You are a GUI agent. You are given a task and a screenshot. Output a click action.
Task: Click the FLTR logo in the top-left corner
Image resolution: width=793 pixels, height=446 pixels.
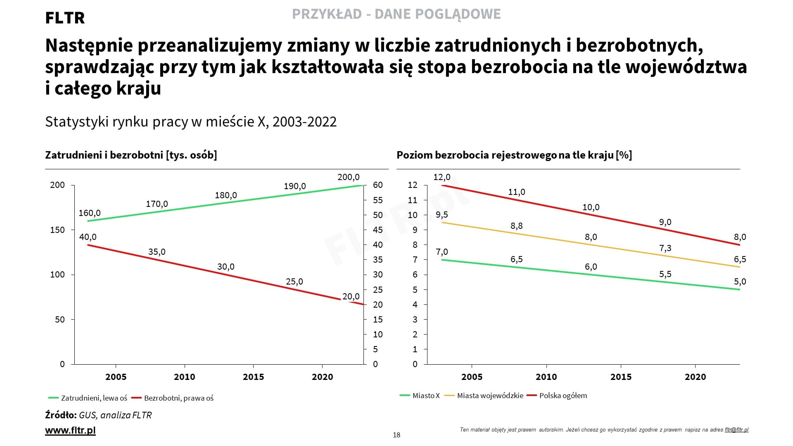[65, 18]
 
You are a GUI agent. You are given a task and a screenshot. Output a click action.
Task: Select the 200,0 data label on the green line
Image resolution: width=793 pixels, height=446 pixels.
[348, 177]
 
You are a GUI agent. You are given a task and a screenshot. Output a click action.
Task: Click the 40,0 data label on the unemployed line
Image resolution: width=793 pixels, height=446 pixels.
[88, 237]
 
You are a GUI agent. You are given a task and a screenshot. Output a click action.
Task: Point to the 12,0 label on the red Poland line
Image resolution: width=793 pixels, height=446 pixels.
[442, 177]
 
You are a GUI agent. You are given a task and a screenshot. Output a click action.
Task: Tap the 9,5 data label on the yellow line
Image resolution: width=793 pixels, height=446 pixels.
[442, 215]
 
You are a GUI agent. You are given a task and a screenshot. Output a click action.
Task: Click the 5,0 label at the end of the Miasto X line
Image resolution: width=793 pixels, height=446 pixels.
[740, 282]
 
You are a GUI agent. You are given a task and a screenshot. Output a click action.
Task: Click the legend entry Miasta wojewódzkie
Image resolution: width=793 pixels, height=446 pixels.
[490, 396]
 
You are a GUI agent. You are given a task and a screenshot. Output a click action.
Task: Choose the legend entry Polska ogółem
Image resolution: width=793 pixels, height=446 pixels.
[563, 396]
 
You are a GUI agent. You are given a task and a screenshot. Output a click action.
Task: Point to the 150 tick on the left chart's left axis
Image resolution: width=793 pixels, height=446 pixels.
[57, 230]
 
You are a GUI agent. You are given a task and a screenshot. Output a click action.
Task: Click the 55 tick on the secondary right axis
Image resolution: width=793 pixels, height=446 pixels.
[378, 200]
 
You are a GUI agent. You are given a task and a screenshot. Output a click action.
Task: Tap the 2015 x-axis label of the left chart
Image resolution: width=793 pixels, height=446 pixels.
[253, 377]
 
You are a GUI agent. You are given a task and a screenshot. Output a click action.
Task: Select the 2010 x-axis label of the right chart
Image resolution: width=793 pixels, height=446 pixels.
[546, 377]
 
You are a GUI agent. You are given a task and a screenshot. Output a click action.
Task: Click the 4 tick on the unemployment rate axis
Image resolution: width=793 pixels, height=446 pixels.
[415, 305]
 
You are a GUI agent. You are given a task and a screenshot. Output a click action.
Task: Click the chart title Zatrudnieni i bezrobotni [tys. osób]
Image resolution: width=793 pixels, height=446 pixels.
[131, 155]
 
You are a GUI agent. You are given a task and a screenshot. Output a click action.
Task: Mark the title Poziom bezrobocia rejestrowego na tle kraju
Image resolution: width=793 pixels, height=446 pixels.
[514, 155]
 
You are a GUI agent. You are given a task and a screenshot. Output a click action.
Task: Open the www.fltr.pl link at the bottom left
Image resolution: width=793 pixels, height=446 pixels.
[70, 430]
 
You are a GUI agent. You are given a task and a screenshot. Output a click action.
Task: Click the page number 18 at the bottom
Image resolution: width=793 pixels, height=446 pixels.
[396, 435]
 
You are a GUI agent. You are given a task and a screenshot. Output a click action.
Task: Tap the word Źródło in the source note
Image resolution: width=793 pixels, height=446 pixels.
[61, 415]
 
